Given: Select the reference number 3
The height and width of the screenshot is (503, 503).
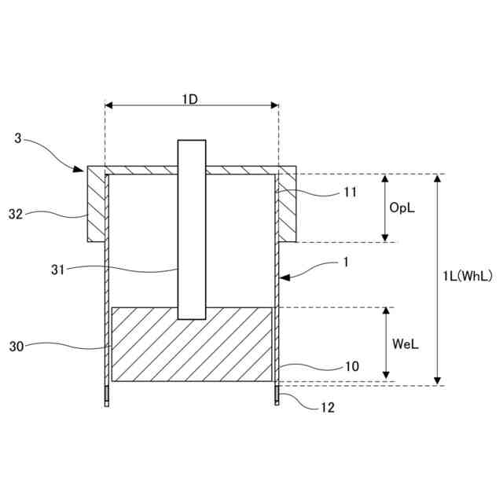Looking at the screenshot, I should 18,139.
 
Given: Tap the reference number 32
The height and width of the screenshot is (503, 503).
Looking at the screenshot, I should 16,213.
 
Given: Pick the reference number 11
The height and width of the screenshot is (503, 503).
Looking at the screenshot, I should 351,191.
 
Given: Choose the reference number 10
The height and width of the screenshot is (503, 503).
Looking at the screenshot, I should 351,366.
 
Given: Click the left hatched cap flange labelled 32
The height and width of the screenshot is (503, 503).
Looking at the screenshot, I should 95,208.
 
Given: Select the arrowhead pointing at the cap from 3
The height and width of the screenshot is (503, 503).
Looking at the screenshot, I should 79,168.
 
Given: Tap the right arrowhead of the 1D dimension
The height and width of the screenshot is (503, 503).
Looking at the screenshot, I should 274,105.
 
